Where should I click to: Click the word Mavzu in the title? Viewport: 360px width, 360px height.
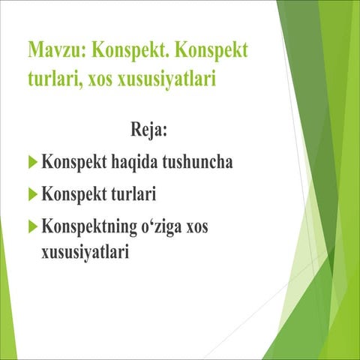point(49,51)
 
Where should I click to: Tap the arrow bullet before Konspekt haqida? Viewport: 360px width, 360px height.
point(31,161)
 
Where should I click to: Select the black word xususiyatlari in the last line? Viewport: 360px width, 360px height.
point(85,252)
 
